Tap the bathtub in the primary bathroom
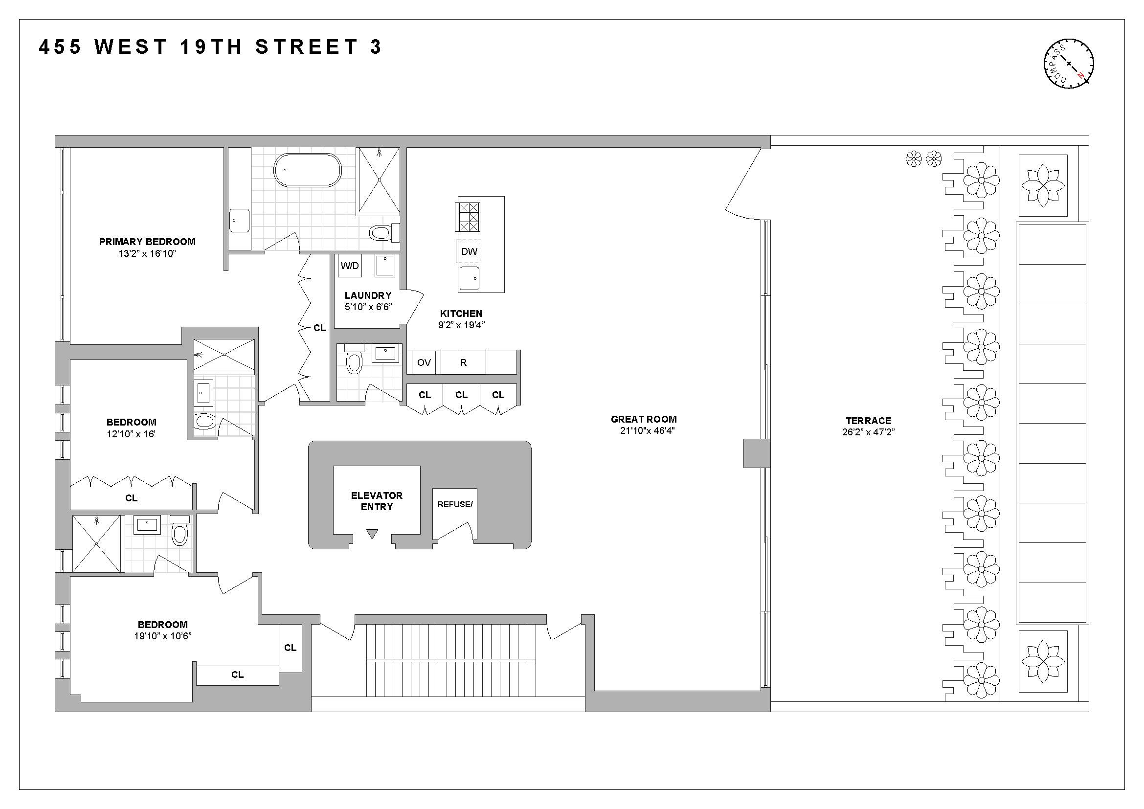pos(308,170)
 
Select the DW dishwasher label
pos(469,251)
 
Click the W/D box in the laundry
pos(350,266)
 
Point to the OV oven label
pos(424,362)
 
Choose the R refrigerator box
pos(463,362)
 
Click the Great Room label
pos(644,420)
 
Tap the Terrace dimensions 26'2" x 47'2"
pos(869,432)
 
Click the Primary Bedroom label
pos(147,242)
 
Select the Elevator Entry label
pos(377,501)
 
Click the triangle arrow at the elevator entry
pos(372,534)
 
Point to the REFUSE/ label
pos(454,504)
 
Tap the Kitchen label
pos(461,314)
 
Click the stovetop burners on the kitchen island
pos(469,217)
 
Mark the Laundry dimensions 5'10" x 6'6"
pos(368,307)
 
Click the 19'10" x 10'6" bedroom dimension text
pos(162,636)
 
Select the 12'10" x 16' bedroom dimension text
pos(131,434)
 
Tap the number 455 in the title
pos(60,47)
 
